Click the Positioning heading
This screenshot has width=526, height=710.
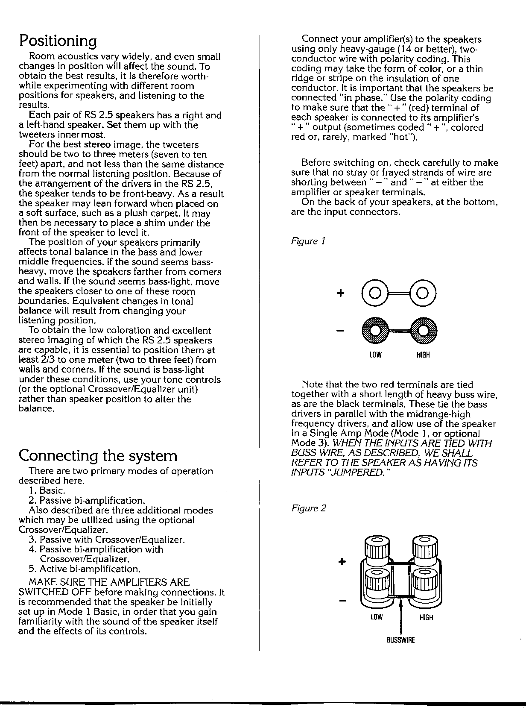(58, 41)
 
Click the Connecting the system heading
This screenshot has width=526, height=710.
(98, 456)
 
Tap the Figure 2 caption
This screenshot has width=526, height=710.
(309, 508)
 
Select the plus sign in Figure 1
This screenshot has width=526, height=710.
(340, 293)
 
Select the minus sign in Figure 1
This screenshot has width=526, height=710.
(340, 331)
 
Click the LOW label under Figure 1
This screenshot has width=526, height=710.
(376, 355)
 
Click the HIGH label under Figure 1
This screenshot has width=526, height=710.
(423, 355)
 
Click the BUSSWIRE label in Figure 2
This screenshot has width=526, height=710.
(400, 640)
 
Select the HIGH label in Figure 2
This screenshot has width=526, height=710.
(426, 617)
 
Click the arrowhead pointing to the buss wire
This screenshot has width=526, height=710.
(400, 602)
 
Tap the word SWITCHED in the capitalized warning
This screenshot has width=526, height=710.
(45, 592)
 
